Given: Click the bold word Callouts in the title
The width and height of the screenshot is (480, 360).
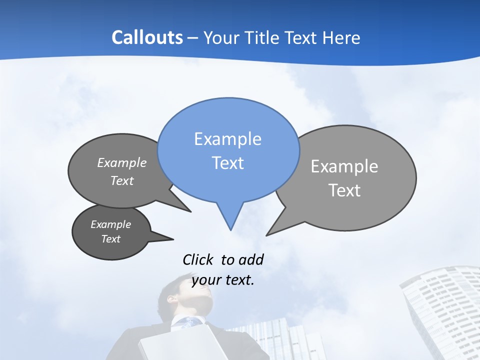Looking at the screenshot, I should point(147,37).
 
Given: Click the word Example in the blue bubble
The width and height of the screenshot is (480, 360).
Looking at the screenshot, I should point(227,139).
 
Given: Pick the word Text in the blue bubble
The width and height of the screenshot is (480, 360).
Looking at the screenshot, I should point(227,163).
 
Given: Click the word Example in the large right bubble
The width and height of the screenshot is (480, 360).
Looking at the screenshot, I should point(344,166).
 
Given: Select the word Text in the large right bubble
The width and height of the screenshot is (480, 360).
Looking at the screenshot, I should point(344,190).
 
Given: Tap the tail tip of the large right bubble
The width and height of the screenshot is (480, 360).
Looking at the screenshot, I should point(267,234).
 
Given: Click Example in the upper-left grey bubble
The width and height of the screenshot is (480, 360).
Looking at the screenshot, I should point(122,162).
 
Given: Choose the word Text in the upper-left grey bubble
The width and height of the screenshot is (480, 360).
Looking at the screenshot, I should point(122,180).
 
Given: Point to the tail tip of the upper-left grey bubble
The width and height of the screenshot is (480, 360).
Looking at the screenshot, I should point(190,211).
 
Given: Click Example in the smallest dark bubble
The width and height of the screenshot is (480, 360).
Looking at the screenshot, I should point(110,224).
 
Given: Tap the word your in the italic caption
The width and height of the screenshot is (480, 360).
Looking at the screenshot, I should point(206,280).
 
